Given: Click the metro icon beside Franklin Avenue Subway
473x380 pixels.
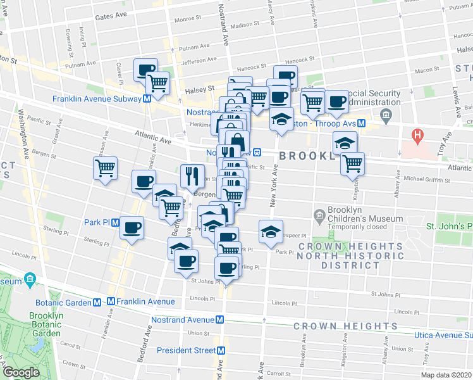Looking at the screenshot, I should point(147,99).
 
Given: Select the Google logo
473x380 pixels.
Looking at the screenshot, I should point(20,372).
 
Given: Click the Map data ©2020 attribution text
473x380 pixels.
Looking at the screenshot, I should point(445,375).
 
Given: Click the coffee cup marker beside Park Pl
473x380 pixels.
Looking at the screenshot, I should point(132,228).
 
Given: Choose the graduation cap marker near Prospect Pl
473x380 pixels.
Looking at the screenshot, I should point(271,232).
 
